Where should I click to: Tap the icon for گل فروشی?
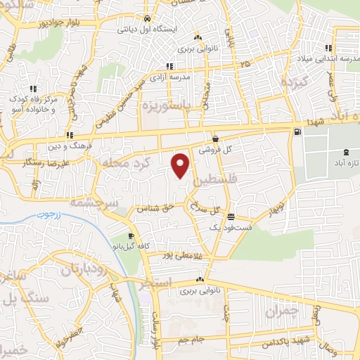click(x=214, y=139)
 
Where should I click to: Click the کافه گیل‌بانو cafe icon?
click(x=131, y=236)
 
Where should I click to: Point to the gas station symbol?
click(x=299, y=131)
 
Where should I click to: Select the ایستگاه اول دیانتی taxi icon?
click(x=146, y=19)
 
